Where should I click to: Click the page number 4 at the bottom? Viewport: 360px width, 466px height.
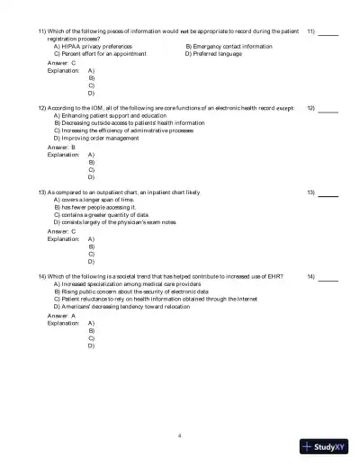tap(180, 435)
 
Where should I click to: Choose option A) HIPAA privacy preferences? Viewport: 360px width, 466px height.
tap(94, 46)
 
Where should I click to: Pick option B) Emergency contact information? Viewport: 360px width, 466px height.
tap(228, 46)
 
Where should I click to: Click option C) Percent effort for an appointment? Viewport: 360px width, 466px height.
tap(99, 54)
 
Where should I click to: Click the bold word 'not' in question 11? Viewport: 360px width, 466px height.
tap(183, 31)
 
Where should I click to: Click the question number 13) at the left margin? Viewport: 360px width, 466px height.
tap(42, 192)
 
